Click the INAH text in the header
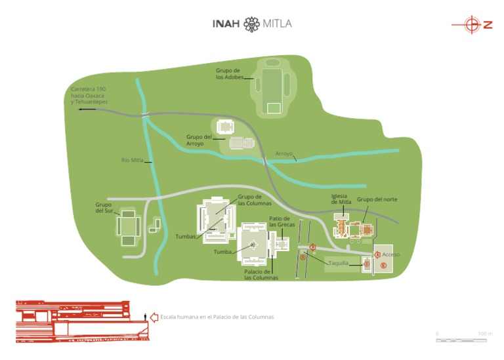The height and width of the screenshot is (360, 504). (226, 24)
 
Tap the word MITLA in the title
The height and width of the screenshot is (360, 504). (277, 24)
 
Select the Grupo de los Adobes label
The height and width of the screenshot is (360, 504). (228, 73)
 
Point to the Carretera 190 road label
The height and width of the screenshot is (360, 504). (89, 96)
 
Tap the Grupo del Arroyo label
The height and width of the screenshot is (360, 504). (199, 140)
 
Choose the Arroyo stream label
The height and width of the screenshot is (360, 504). (284, 154)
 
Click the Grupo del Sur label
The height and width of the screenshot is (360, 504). (104, 207)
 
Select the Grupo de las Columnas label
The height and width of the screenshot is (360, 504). (250, 199)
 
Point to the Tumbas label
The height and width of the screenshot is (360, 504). (186, 236)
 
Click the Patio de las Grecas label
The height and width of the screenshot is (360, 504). (280, 222)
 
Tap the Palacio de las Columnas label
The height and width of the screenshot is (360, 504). (261, 275)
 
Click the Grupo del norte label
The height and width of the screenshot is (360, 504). (377, 199)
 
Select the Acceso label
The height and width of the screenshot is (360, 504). (391, 254)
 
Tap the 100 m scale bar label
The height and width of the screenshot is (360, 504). (485, 334)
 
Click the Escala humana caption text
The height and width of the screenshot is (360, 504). (217, 317)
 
